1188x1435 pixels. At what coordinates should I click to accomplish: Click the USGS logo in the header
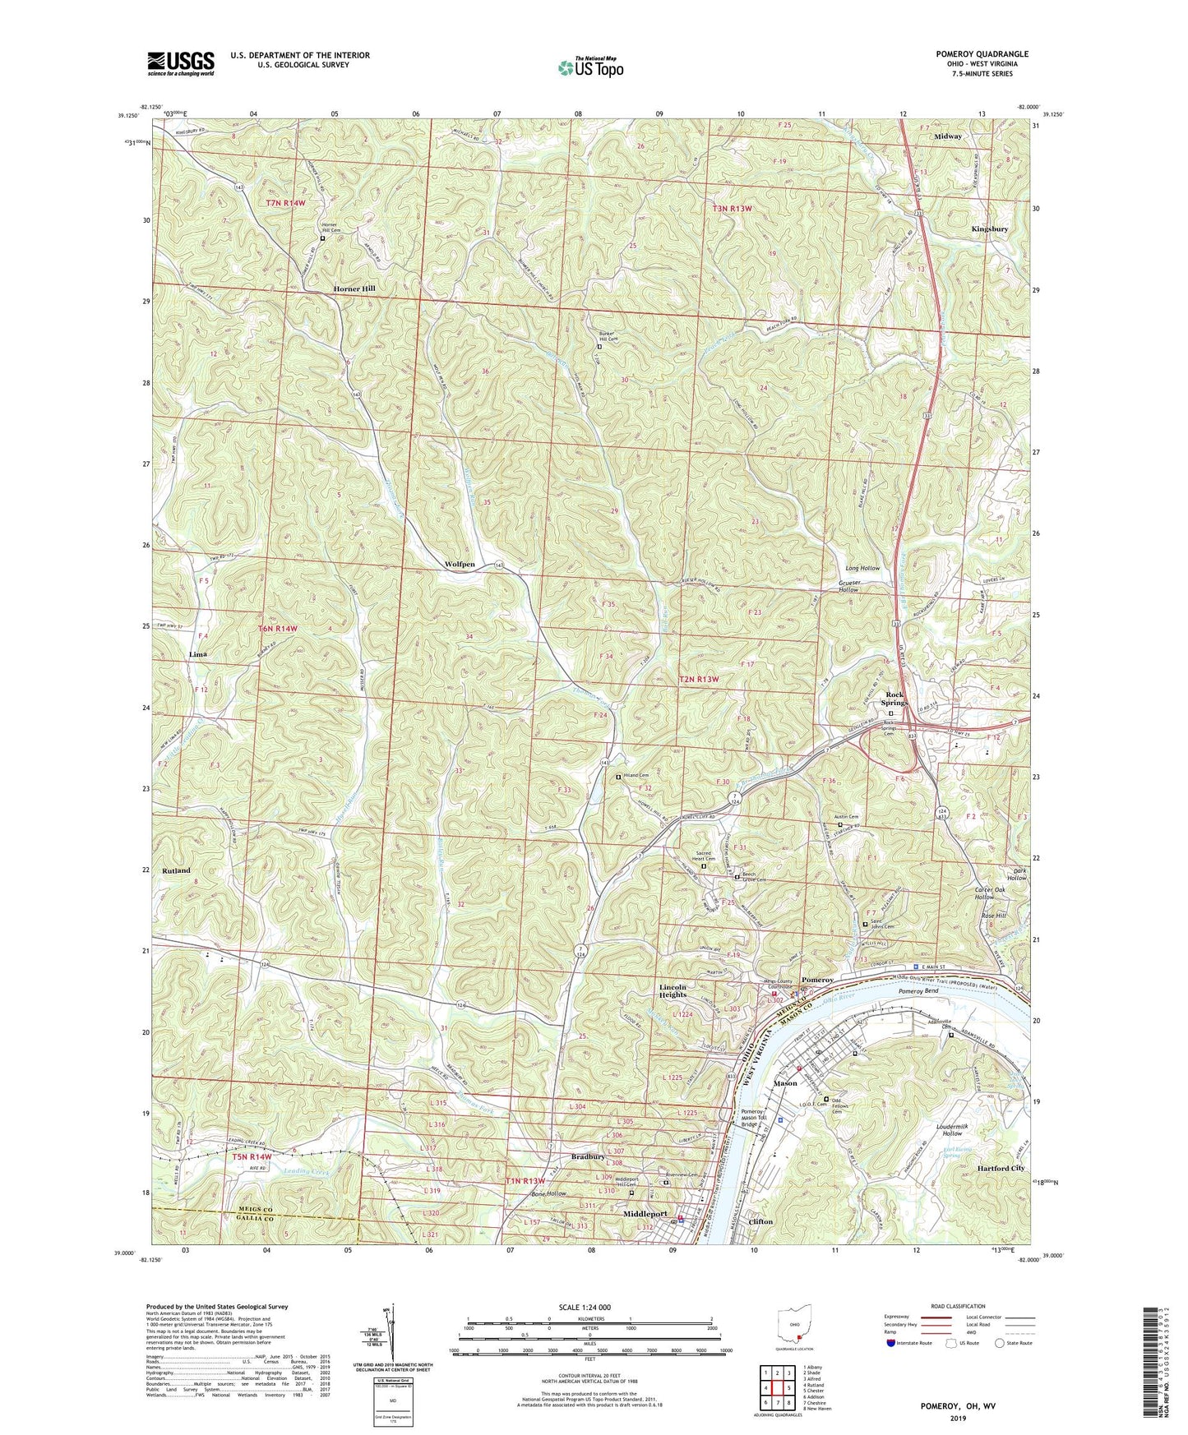[x=180, y=63]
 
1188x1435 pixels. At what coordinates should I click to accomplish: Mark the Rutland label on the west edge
[x=176, y=870]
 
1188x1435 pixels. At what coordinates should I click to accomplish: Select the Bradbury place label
[x=589, y=1156]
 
